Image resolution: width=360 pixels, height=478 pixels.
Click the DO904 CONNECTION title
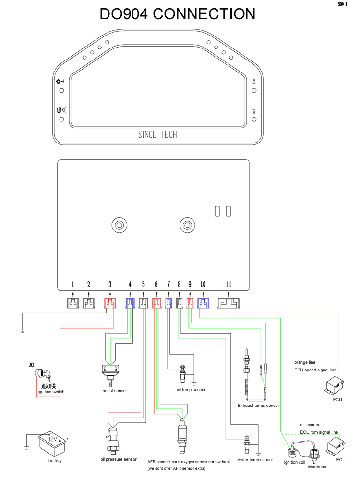(x=178, y=14)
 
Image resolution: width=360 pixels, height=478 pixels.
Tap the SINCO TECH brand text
(x=157, y=134)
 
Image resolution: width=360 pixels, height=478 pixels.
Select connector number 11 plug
(x=228, y=303)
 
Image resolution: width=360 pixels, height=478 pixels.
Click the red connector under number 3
(x=110, y=303)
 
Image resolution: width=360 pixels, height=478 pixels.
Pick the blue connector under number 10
(x=203, y=303)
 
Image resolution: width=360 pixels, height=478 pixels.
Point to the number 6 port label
(x=156, y=285)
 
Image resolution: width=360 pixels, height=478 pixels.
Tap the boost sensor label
(x=115, y=391)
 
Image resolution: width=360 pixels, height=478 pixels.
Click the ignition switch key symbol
(x=42, y=373)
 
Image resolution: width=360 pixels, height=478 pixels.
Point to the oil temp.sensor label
(x=191, y=390)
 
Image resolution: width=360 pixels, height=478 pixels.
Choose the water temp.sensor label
(x=255, y=460)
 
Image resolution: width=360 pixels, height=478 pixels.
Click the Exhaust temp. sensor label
(x=259, y=406)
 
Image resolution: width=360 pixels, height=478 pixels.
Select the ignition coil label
(x=294, y=462)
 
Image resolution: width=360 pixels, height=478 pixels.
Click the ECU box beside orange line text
(x=335, y=385)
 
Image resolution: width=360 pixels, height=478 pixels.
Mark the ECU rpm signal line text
(x=319, y=432)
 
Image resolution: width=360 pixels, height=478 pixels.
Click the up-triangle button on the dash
(x=254, y=81)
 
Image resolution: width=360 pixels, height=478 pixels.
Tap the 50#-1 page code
(x=343, y=4)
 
